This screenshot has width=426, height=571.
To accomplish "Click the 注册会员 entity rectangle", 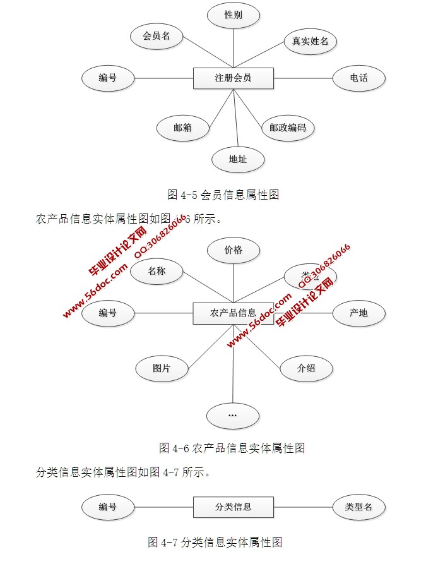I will coord(233,78).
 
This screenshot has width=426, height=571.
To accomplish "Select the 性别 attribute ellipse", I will coord(233,15).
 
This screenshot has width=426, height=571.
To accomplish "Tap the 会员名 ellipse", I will coord(157,36).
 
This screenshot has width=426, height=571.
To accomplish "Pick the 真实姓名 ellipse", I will coord(310,42).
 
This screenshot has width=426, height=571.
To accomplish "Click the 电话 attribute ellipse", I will coord(358,78).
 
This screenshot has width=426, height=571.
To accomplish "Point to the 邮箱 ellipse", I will coord(182,128).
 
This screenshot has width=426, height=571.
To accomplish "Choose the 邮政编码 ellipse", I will coord(288,128).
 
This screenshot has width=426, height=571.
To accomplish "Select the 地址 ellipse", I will coord(238,159).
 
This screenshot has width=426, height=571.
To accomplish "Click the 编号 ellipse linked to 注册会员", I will coord(108,78).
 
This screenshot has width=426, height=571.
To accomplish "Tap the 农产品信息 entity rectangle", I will coord(233,313).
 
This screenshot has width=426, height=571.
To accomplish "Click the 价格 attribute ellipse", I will coord(233,250).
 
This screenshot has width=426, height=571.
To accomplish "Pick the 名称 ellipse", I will coord(157,272).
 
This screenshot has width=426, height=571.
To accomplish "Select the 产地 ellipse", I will coord(358,313).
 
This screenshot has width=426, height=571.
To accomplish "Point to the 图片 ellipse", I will coord(162,368).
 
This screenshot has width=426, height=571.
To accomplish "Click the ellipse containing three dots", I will coord(232,416).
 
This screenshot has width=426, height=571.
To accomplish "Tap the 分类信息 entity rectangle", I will coord(233,507).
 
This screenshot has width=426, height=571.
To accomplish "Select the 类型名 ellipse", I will coord(358,507).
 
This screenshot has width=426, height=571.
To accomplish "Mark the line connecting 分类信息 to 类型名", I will coord(303,507).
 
